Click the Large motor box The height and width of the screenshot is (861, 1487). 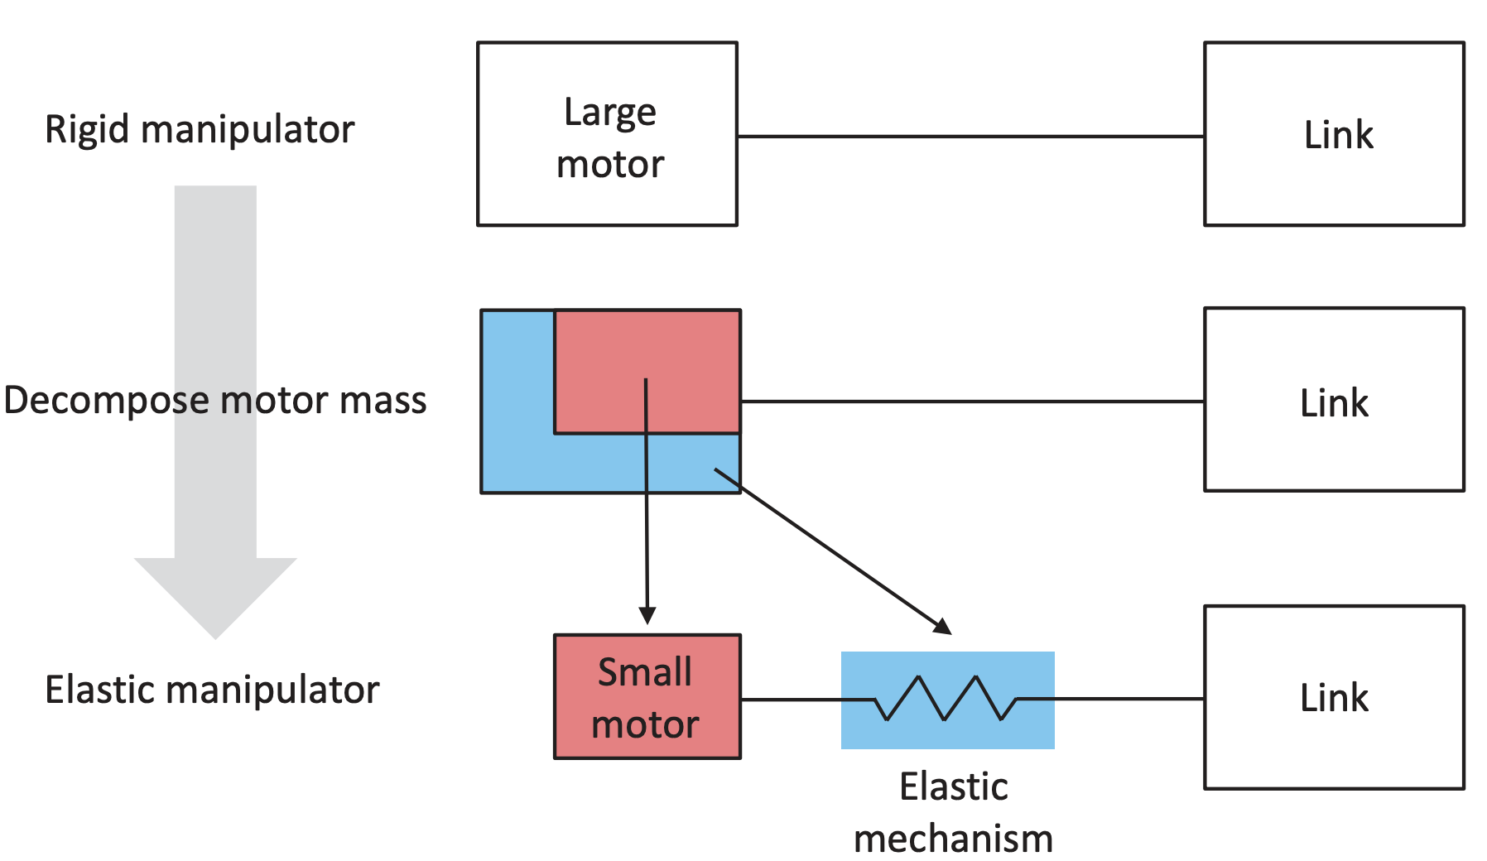click(x=607, y=133)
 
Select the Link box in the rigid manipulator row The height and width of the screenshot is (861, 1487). click(x=1333, y=133)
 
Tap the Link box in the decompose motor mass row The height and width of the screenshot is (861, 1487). click(x=1333, y=400)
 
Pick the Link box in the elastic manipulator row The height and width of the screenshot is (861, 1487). click(x=1333, y=697)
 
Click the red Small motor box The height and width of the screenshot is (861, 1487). click(x=647, y=696)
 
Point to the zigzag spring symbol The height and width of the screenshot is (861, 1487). click(x=945, y=699)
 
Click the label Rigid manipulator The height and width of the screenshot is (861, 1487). click(x=200, y=130)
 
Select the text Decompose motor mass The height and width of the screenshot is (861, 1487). click(x=214, y=400)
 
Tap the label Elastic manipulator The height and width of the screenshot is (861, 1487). click(x=212, y=690)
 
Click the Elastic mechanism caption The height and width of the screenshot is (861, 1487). click(x=953, y=812)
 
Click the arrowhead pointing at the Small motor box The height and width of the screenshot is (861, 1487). click(x=647, y=616)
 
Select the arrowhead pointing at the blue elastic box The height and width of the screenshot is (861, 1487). click(x=943, y=626)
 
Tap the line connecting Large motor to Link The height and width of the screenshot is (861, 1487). click(x=970, y=136)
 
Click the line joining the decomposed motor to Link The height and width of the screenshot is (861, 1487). click(x=972, y=402)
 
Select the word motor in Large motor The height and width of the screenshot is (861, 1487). click(x=610, y=164)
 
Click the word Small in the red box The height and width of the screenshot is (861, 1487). click(x=645, y=671)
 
